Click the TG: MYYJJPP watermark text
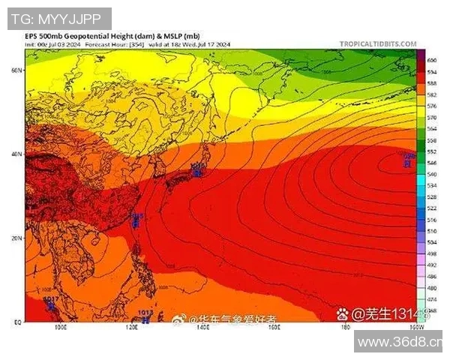pos(57,19)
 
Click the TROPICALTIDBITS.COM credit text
pos(378,44)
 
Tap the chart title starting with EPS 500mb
pos(112,36)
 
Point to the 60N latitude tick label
pos(16,70)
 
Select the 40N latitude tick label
pos(16,154)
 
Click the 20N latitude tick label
pos(16,238)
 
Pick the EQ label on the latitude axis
pos(17,322)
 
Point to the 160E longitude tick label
pos(274,328)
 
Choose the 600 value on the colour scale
pos(432,59)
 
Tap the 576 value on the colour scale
pos(432,106)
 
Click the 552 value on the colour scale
pos(432,151)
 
